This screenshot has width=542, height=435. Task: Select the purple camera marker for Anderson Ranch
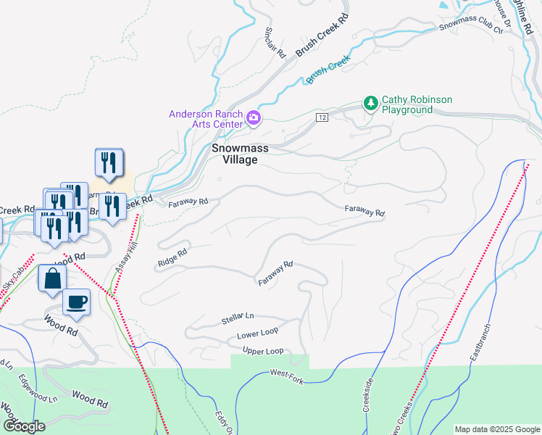click(254, 117)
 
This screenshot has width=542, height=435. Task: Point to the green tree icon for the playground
click(371, 104)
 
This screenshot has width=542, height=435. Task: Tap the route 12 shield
click(322, 117)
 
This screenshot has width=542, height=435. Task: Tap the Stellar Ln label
click(238, 318)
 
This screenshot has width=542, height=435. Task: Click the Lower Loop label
click(257, 335)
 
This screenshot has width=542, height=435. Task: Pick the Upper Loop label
click(263, 352)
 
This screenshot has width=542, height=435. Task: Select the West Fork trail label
click(285, 373)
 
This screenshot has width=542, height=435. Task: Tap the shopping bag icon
click(53, 278)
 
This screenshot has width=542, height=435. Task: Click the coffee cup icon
click(76, 302)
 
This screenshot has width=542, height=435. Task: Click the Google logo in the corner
click(24, 426)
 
